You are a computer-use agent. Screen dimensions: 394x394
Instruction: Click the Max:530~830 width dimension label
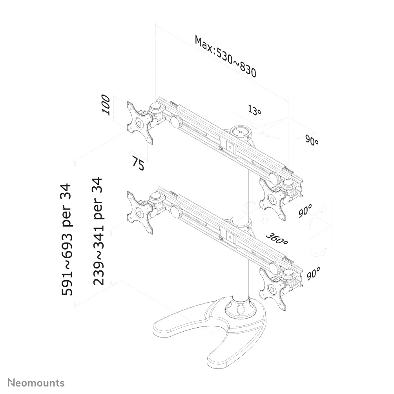tap(225, 57)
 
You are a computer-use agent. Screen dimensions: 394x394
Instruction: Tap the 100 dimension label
tap(106, 105)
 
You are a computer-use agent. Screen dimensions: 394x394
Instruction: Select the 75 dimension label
tap(138, 163)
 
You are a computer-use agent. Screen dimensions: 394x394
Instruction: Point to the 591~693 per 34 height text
tap(67, 239)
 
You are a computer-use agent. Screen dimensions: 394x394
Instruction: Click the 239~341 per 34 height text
tap(98, 232)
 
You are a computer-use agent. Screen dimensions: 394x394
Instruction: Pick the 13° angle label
tap(255, 110)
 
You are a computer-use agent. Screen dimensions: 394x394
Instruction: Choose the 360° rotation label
tap(277, 239)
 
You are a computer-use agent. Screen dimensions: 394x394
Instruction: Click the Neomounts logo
tap(36, 383)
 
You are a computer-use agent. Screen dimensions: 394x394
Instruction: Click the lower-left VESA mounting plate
tap(140, 213)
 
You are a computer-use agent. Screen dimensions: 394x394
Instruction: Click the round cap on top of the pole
tap(241, 131)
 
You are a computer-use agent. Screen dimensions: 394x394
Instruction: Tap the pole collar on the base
tap(241, 308)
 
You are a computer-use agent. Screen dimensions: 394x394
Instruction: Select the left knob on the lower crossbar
tap(177, 211)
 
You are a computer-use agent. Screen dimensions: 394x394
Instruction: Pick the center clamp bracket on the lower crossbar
tap(229, 235)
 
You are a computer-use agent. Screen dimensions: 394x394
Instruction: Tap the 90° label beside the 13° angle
tap(312, 140)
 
